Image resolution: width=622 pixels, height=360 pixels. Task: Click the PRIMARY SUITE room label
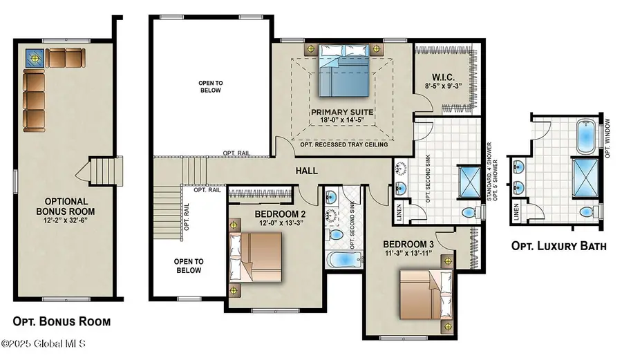pyautogui.click(x=342, y=112)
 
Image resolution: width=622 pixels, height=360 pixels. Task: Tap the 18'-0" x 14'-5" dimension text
pyautogui.click(x=342, y=120)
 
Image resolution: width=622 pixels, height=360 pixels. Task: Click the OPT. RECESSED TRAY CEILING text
pyautogui.click(x=342, y=144)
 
